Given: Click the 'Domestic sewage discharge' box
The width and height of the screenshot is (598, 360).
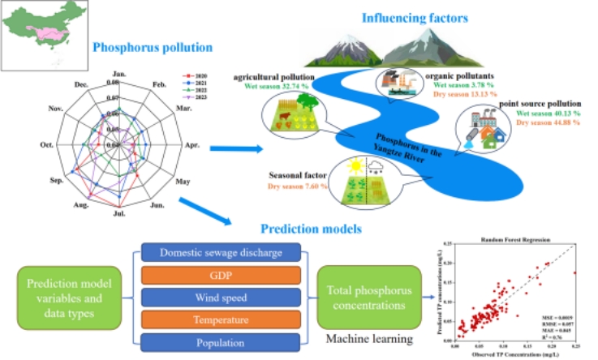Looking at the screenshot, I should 221,254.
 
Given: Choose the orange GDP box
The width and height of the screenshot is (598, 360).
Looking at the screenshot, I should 221,276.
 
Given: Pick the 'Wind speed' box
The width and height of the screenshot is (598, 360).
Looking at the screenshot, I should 221,298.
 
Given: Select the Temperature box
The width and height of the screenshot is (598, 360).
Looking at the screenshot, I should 221,320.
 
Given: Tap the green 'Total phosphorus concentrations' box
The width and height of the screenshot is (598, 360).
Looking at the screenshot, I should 367,297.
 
